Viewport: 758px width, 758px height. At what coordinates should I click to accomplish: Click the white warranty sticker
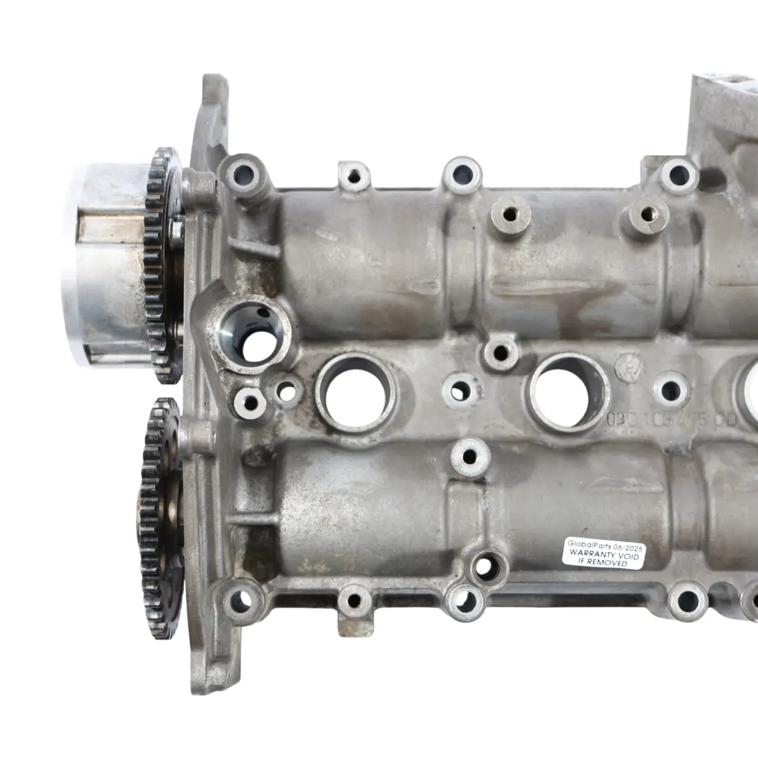coord(604,552)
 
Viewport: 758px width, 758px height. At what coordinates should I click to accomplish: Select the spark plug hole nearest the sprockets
coord(355,393)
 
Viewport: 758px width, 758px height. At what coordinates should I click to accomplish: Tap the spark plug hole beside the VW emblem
coord(569,391)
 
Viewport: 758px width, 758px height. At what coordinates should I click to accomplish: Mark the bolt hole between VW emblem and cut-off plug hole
coord(672,390)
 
